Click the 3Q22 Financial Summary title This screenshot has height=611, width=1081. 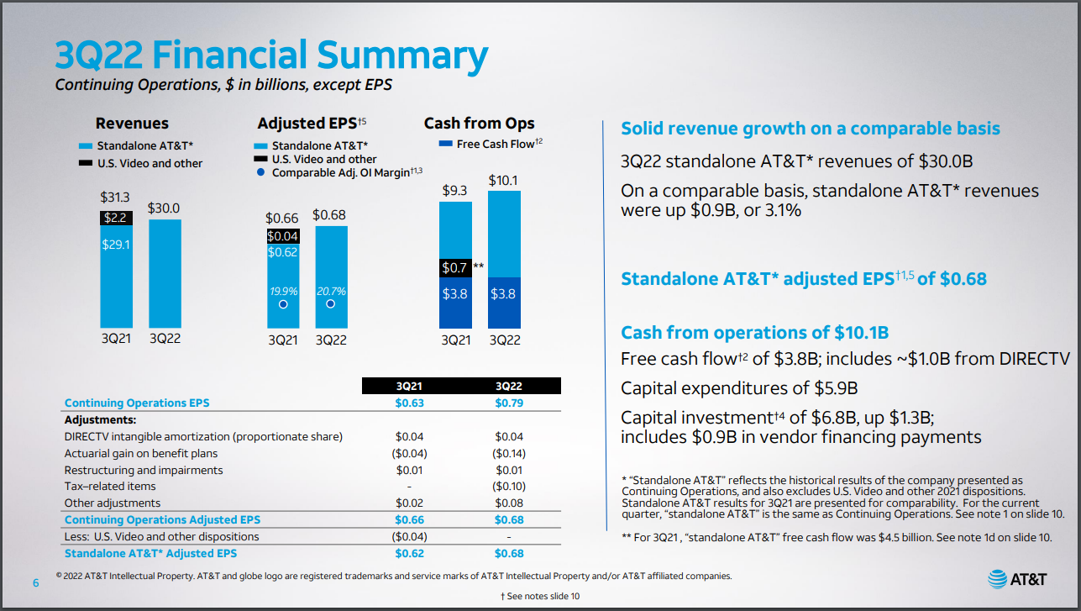270,55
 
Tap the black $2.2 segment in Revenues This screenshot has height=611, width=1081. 115,219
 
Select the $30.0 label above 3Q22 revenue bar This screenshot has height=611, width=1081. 164,208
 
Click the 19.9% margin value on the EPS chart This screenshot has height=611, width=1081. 283,292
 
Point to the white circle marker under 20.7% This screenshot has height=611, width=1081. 331,303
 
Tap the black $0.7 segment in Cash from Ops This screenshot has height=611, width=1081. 454,268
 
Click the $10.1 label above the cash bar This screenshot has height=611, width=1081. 502,181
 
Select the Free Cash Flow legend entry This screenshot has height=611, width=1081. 492,145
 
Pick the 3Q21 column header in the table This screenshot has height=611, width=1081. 410,386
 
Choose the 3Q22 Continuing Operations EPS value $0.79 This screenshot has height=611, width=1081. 509,403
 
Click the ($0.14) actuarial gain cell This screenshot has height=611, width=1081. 509,454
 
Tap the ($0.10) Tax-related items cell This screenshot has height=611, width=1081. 509,487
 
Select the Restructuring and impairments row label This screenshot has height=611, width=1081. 144,470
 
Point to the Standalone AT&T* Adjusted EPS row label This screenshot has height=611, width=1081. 150,553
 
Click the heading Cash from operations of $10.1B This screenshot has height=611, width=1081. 754,332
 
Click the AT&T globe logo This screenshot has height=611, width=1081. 998,579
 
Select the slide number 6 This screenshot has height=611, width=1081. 35,583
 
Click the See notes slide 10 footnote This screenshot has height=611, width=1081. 539,596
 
